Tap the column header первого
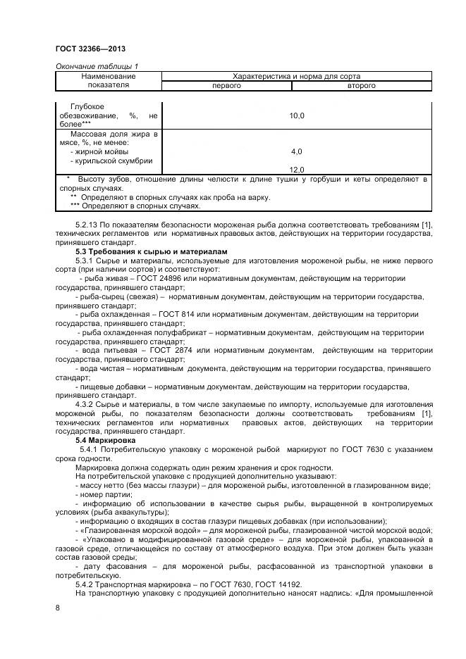(x=227, y=86)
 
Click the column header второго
(x=361, y=86)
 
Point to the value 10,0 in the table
(x=297, y=115)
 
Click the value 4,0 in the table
(x=297, y=151)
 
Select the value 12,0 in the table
(x=297, y=170)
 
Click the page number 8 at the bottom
(x=58, y=608)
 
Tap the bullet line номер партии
(x=104, y=494)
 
